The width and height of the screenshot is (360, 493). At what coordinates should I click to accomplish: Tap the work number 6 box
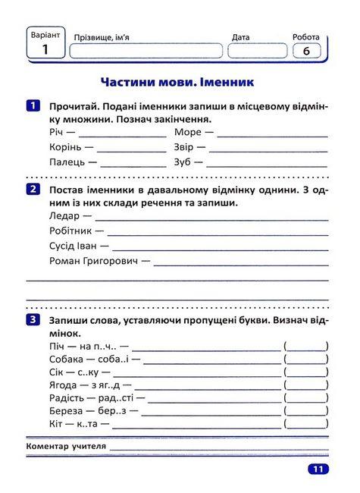pyautogui.click(x=306, y=51)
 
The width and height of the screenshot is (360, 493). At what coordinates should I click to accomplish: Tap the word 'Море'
pyautogui.click(x=188, y=132)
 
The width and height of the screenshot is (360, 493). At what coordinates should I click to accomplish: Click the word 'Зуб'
pyautogui.click(x=183, y=162)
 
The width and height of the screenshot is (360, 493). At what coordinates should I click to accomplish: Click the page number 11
pyautogui.click(x=317, y=469)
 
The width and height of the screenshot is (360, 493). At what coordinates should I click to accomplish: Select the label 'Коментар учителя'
pyautogui.click(x=66, y=447)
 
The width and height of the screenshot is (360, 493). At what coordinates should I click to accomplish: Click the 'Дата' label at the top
pyautogui.click(x=240, y=36)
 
